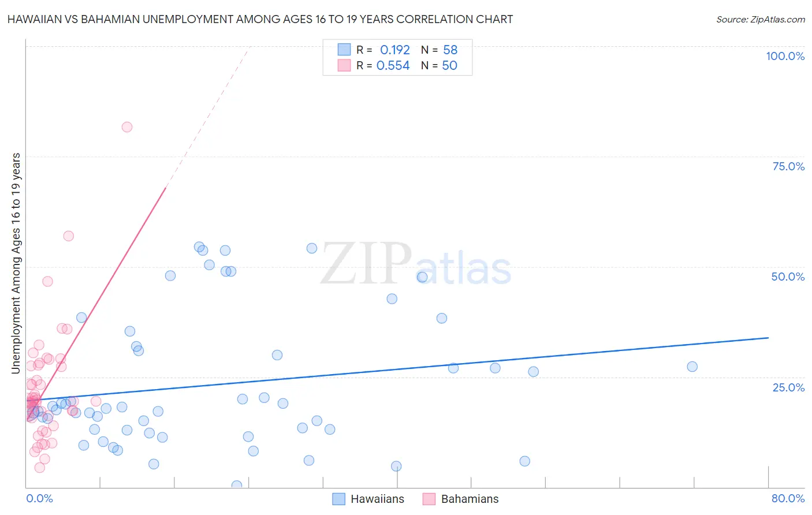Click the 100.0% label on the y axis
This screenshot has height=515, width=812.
click(x=785, y=56)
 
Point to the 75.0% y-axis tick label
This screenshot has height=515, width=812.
click(x=788, y=166)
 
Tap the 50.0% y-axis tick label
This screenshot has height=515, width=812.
click(x=788, y=277)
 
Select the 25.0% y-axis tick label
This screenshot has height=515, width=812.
click(x=788, y=387)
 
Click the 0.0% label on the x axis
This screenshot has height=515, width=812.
click(x=39, y=498)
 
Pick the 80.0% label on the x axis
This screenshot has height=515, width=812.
click(x=788, y=498)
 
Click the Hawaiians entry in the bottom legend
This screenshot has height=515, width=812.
click(x=377, y=499)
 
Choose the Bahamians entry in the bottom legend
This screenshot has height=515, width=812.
click(x=470, y=499)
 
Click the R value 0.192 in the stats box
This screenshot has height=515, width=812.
click(x=395, y=50)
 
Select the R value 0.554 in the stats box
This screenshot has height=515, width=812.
click(x=393, y=66)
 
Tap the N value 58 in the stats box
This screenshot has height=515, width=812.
click(x=450, y=50)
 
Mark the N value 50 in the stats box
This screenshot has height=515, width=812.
click(x=450, y=66)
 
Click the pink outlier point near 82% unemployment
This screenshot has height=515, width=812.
click(x=127, y=127)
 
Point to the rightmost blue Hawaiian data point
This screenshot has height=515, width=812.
click(x=692, y=367)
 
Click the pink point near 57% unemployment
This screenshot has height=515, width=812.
click(x=69, y=236)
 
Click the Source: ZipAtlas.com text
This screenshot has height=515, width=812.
click(x=760, y=20)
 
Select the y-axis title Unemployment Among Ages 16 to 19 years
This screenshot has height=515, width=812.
click(x=16, y=263)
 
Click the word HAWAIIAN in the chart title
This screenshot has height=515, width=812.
click(x=36, y=20)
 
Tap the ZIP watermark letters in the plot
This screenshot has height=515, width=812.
click(x=366, y=264)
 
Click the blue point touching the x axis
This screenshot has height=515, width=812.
click(x=237, y=486)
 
